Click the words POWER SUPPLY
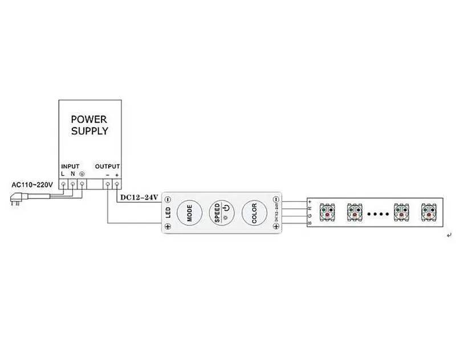pos(89,125)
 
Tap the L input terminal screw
pos(63,184)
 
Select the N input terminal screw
pos(73,184)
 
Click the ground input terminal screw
pos(82,184)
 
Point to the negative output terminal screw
pos(108,184)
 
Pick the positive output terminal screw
pos(117,184)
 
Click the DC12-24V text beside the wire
pos(140,197)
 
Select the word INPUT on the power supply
pos(70,166)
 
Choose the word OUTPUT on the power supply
pos(107,166)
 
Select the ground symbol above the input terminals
pos(82,174)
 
